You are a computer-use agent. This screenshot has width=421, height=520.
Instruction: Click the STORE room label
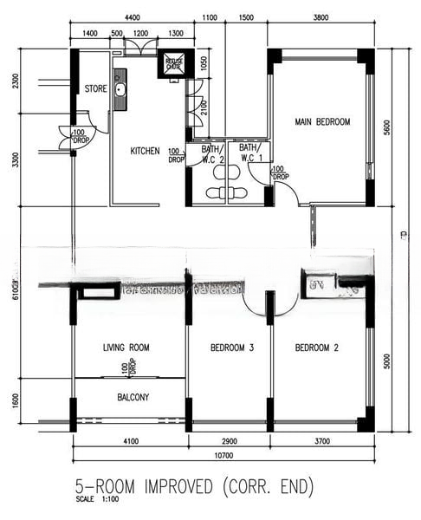click(x=94, y=88)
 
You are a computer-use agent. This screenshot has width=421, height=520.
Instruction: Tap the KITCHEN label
click(x=145, y=151)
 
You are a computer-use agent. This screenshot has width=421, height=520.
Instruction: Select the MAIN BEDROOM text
click(x=321, y=122)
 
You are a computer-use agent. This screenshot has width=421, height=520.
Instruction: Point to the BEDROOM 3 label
click(x=231, y=348)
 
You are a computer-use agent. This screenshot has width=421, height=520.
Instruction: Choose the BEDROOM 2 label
click(x=316, y=348)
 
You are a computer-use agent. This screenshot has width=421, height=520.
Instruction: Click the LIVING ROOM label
click(x=126, y=348)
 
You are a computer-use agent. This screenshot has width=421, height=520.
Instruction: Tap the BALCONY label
click(x=133, y=398)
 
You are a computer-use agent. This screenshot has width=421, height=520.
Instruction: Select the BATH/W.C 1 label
click(x=247, y=153)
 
